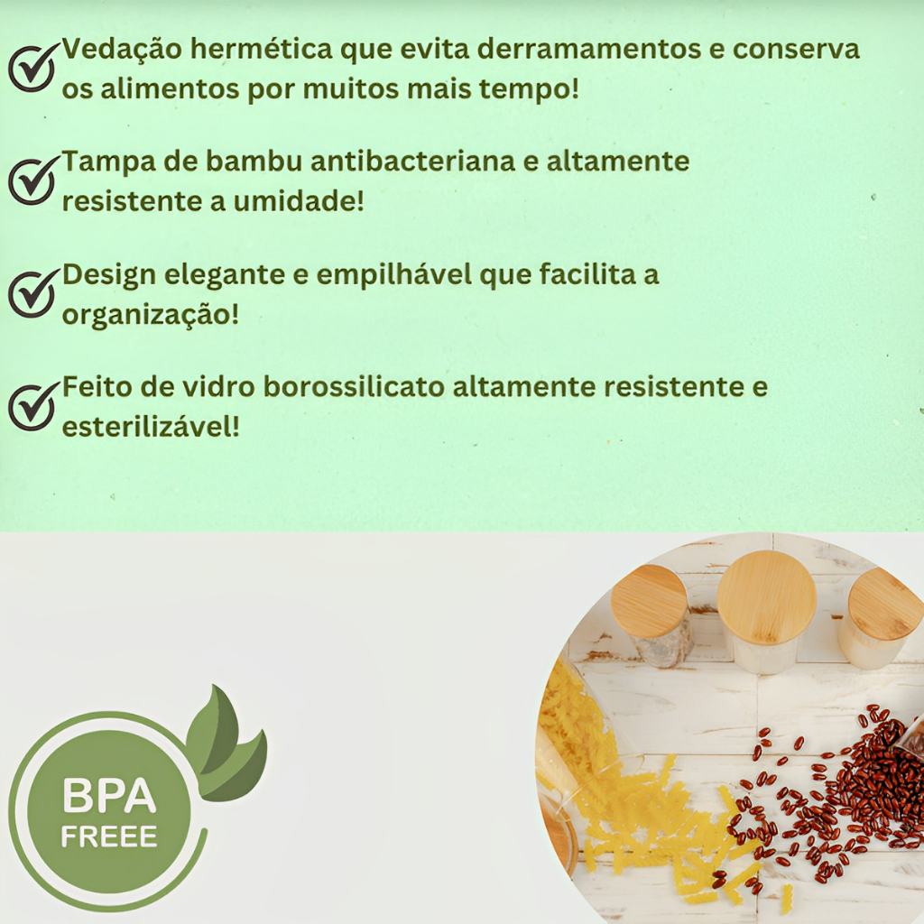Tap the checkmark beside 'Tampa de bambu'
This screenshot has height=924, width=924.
[32, 180]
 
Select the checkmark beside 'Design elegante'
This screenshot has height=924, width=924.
[32, 293]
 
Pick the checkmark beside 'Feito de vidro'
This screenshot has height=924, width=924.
[32, 405]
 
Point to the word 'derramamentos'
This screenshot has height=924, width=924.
[588, 50]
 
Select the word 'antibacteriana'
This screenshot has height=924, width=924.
[411, 162]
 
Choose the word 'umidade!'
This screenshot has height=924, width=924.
[299, 201]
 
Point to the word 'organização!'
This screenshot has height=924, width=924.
[151, 315]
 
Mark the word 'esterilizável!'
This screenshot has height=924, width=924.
[151, 427]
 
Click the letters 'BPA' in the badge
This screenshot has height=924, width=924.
[109, 794]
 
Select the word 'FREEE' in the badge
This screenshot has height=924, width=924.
[109, 836]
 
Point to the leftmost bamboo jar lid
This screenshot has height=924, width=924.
[648, 601]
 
